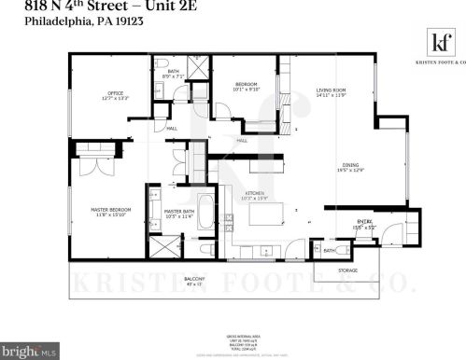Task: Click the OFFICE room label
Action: click(115, 93)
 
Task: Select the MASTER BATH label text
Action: click(178, 212)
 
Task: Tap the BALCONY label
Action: click(194, 279)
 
